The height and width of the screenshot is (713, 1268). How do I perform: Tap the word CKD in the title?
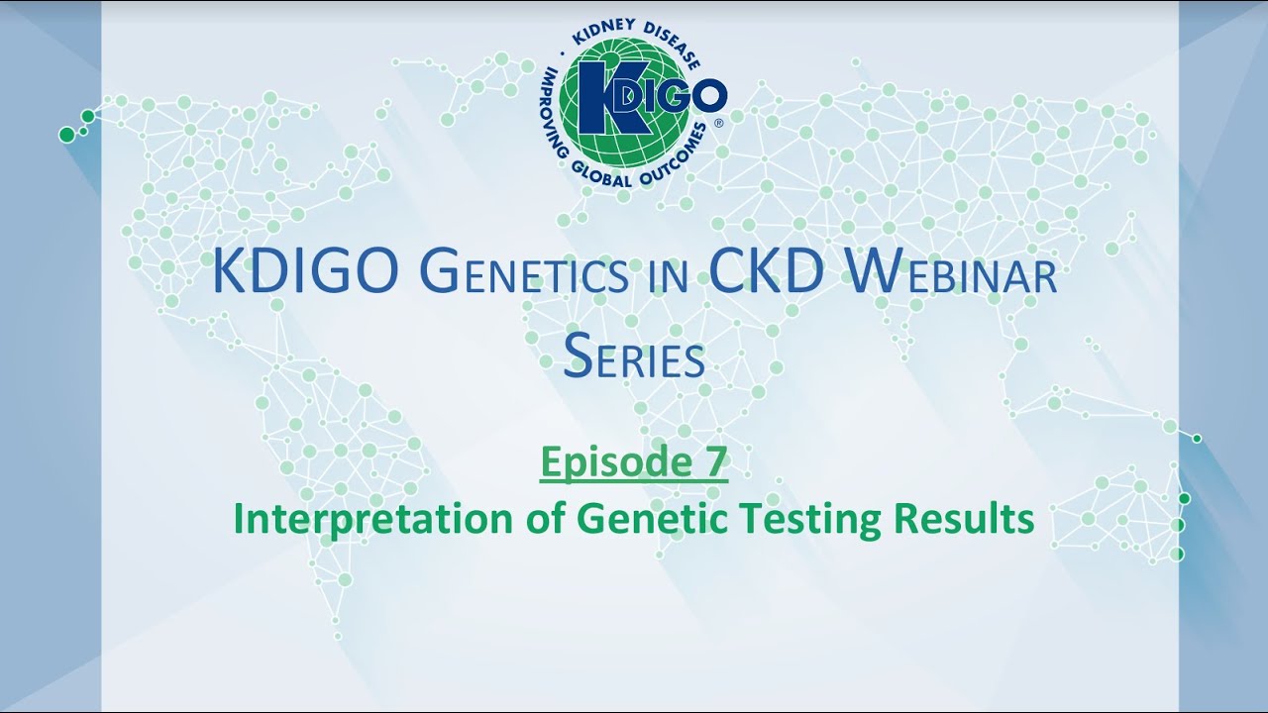coord(765,275)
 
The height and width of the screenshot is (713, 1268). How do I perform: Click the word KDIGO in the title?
coord(306,275)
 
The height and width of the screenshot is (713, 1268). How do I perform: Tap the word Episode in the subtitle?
coord(607,462)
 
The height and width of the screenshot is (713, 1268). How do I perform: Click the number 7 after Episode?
coord(714,462)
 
